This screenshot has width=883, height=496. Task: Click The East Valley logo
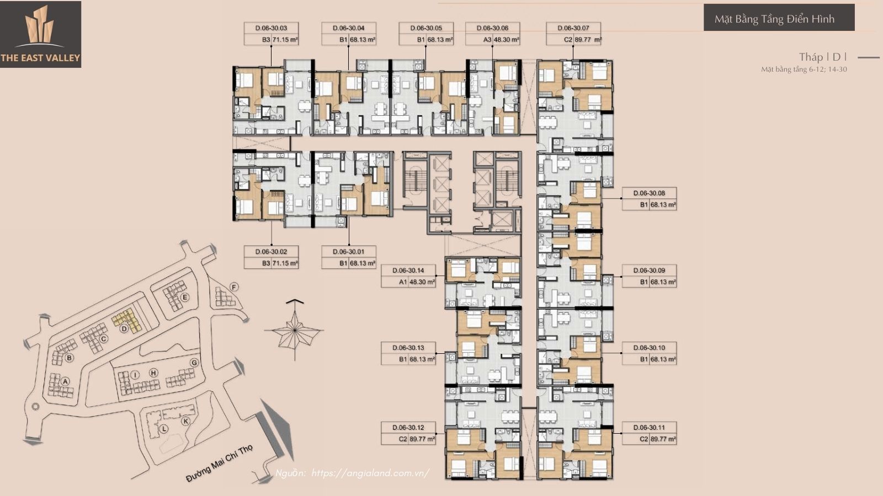(x=40, y=34)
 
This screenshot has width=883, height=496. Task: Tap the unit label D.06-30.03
(x=271, y=28)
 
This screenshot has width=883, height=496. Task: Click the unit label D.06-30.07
(x=573, y=28)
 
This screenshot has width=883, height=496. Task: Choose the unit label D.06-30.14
(x=408, y=271)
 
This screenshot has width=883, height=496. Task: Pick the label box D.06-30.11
(x=649, y=433)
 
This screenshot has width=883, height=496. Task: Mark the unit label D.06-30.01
(x=348, y=252)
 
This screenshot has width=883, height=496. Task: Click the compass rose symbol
(x=294, y=329)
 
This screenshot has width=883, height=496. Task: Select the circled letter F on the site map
(x=234, y=287)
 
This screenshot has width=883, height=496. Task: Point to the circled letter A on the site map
(x=65, y=381)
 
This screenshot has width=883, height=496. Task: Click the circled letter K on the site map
(x=185, y=421)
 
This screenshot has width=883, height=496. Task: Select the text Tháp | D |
(x=822, y=57)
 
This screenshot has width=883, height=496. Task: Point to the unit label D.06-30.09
(x=649, y=271)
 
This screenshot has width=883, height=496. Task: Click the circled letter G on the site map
(x=194, y=363)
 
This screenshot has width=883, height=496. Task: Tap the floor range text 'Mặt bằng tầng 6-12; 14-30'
(x=804, y=69)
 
